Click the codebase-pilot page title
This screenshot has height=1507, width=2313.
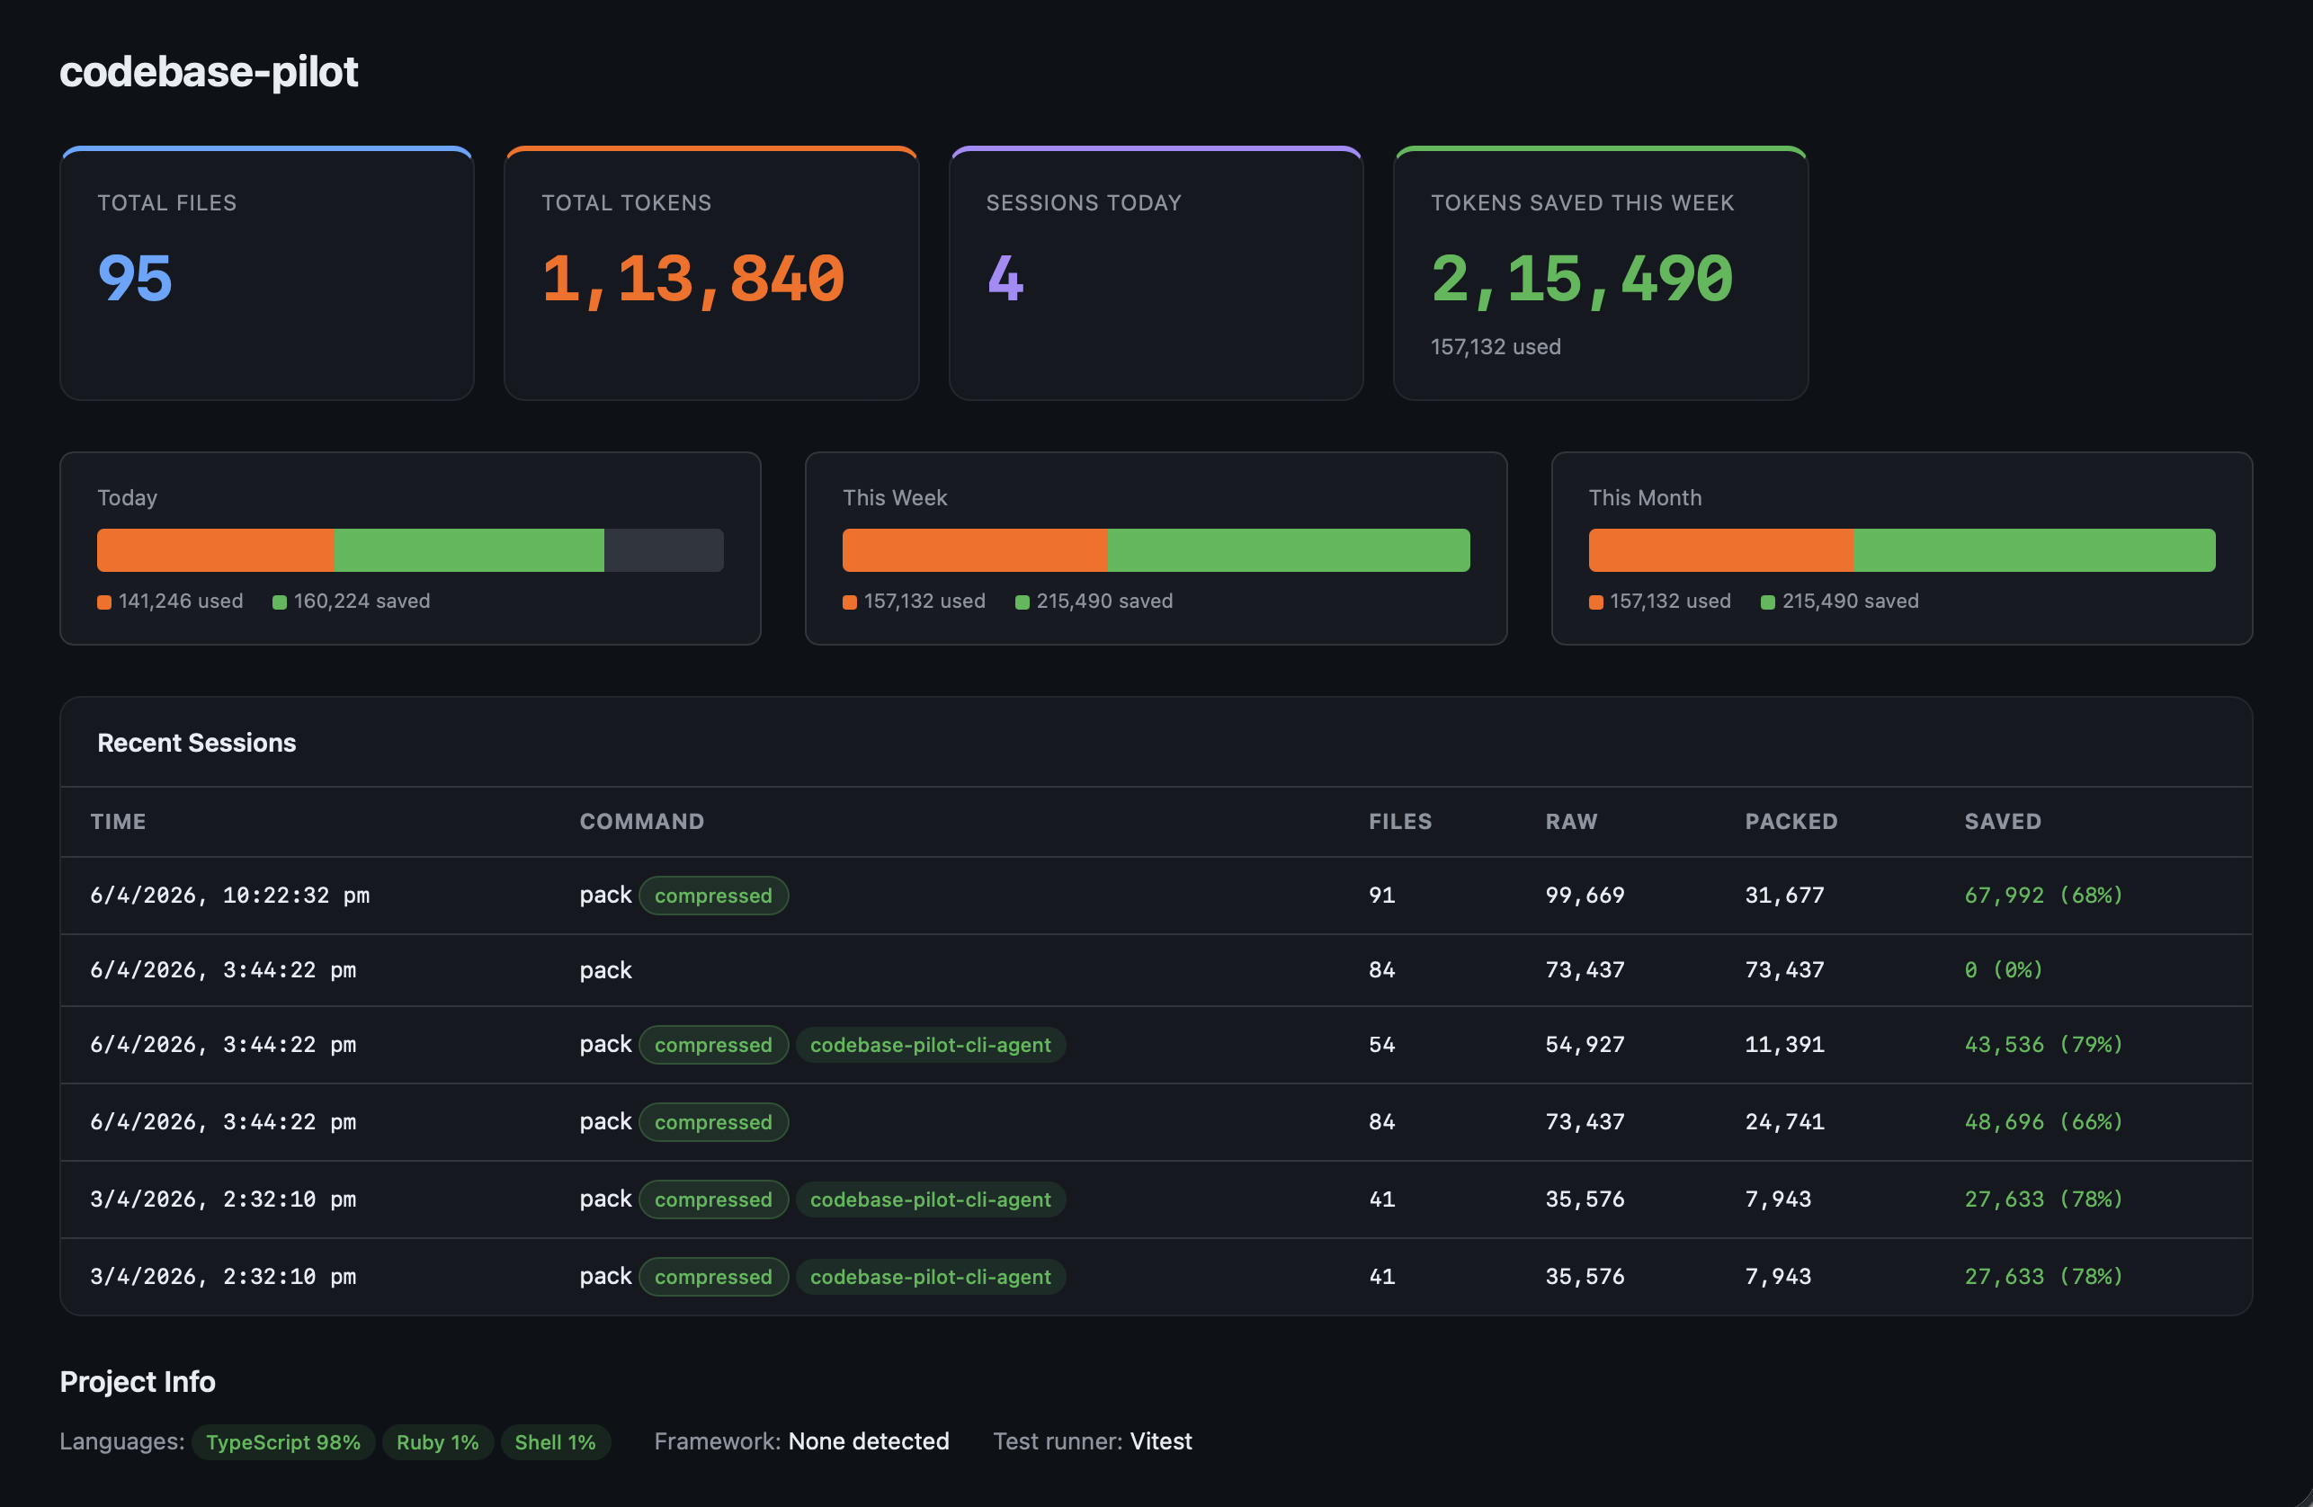(208, 71)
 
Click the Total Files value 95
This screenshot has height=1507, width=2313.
(135, 278)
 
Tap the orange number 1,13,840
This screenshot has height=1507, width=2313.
(693, 279)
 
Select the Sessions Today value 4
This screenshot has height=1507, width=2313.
(1005, 279)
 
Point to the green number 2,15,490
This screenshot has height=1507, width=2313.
(1581, 279)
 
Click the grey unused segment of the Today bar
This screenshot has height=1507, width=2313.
(664, 550)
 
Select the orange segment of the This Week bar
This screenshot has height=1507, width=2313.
(974, 550)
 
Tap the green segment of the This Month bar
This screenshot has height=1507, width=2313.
(2033, 550)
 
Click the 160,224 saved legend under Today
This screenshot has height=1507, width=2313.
(351, 602)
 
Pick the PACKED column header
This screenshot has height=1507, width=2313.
(1791, 821)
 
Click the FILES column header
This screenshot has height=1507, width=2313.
(1399, 821)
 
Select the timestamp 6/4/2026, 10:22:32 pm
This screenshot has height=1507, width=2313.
(229, 895)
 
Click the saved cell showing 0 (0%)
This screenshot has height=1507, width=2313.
(2003, 969)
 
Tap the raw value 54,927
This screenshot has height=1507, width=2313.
(1584, 1045)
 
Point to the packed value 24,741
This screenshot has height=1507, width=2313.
(1783, 1121)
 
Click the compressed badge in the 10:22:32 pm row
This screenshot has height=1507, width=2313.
(712, 896)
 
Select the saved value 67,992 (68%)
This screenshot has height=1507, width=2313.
(2043, 895)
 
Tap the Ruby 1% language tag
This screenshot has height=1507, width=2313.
(437, 1442)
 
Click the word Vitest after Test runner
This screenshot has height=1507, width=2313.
(1160, 1441)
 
